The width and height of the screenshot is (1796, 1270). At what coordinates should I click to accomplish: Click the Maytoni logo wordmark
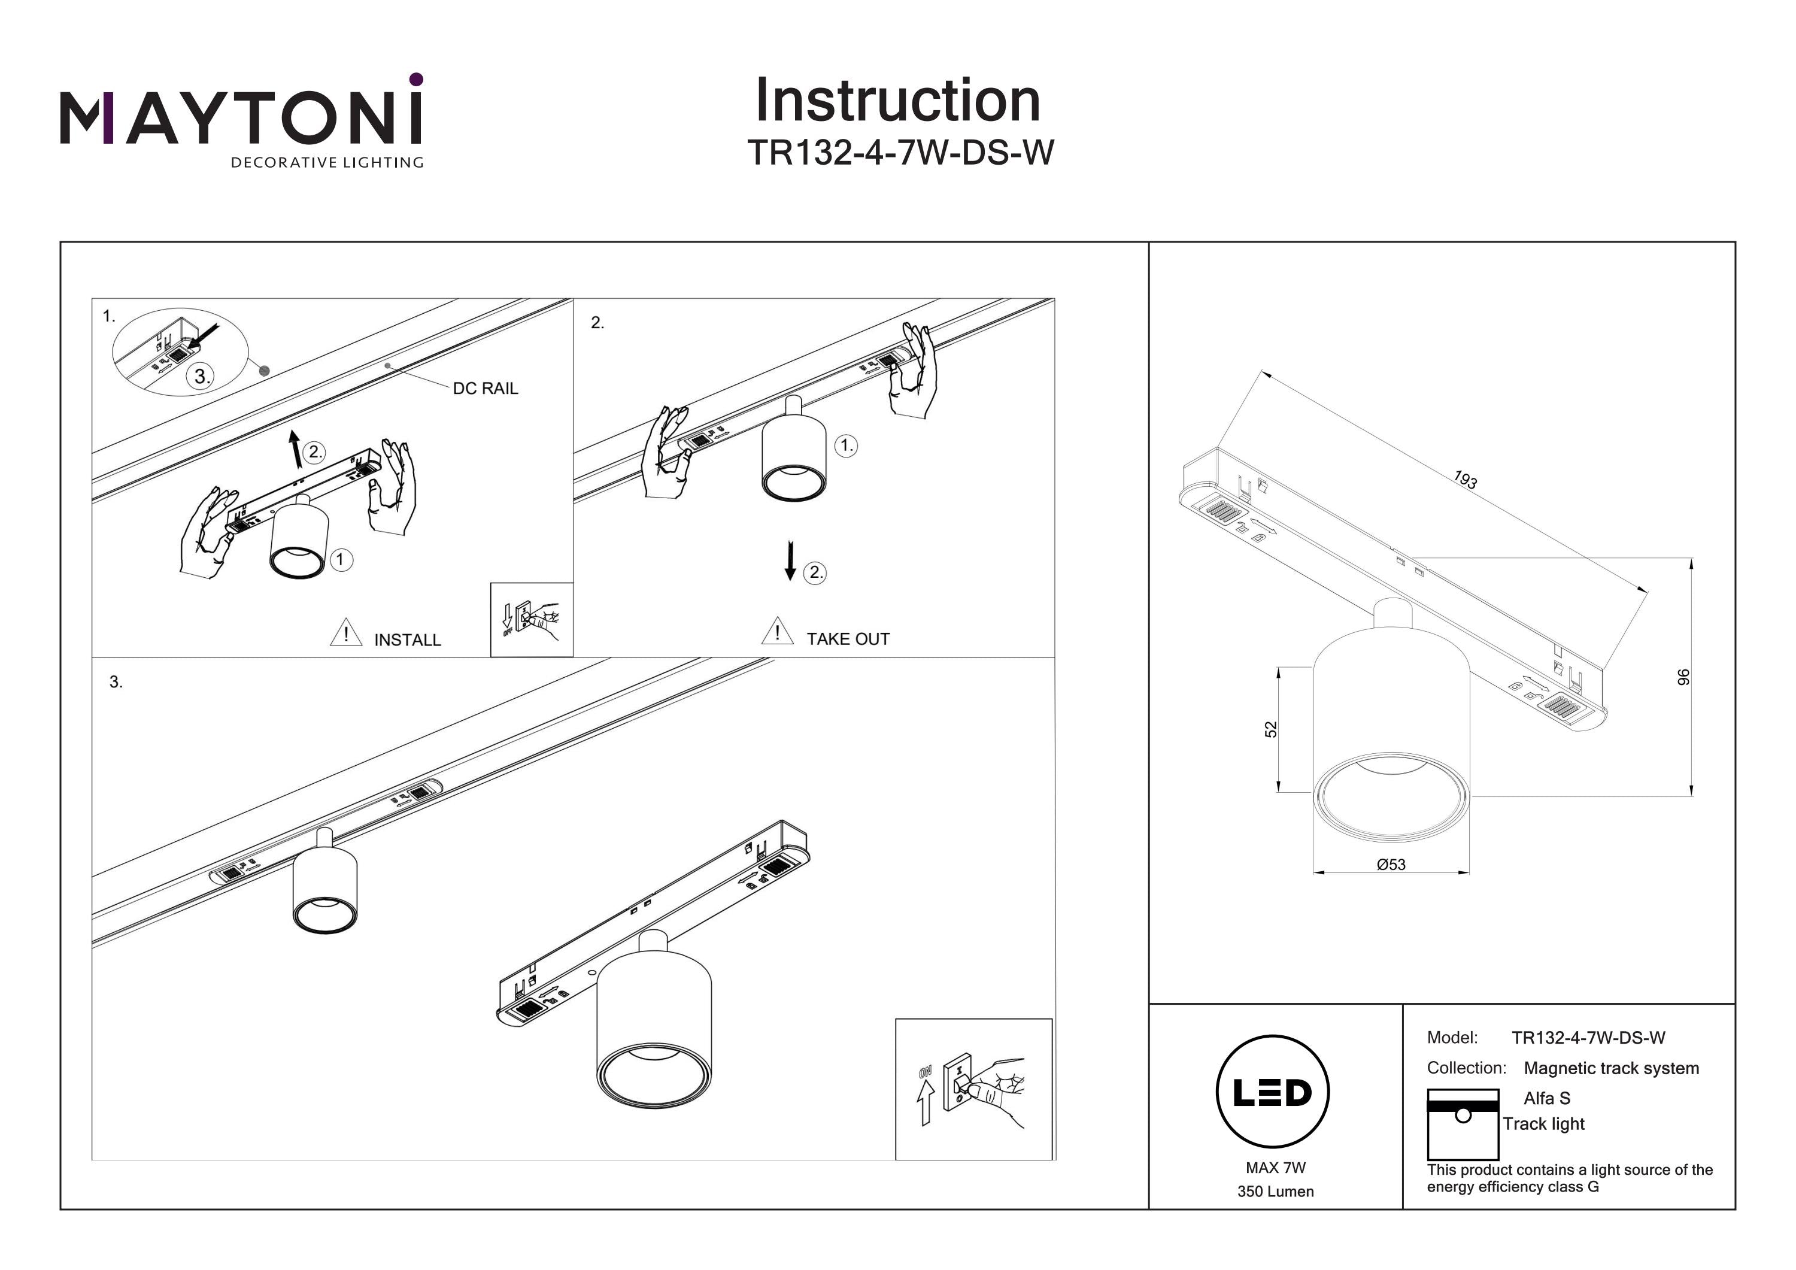coord(241,117)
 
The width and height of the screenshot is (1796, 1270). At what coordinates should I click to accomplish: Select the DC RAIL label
coord(485,388)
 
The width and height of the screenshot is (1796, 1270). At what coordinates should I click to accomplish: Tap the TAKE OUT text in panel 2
coord(848,639)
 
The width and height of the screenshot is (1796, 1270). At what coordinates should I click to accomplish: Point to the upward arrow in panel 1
coord(295,448)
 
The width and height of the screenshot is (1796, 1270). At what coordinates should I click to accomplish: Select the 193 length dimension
coord(1465,479)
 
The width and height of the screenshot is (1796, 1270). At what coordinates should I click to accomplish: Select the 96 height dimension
coord(1683,677)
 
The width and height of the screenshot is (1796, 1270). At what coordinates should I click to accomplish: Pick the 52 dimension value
coord(1271,729)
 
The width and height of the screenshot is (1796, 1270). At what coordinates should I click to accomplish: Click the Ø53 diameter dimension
coord(1391,865)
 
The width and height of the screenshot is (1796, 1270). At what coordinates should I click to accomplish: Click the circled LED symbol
coord(1273,1092)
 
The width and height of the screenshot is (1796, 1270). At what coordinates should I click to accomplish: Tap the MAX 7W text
coord(1276,1168)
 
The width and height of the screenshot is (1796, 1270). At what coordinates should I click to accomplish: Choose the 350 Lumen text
coord(1275,1192)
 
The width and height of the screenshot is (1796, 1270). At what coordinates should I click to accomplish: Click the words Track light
coord(1543,1124)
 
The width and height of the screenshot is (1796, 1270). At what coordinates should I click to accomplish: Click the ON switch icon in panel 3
coord(972,1089)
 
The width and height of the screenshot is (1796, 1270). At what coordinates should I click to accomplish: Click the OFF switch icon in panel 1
coord(531,619)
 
